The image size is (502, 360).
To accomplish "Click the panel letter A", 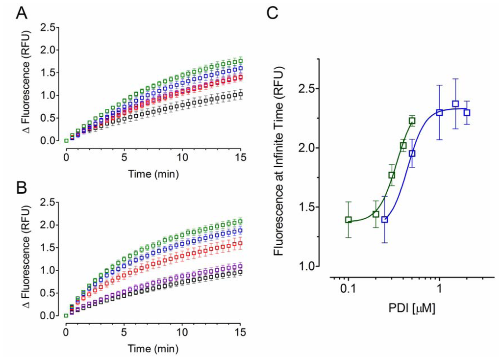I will pos(22,15).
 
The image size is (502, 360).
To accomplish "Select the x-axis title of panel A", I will pos(153,174).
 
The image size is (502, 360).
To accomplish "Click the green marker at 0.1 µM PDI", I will pos(348,220).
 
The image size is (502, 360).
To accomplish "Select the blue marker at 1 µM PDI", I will pos(440,112).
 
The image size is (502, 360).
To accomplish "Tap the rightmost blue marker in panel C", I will pos(467,112).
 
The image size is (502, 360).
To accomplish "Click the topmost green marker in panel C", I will pos(412,121).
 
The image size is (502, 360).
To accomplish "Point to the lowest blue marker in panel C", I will pos(385,220).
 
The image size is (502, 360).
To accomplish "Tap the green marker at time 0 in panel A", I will pos(66,141).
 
